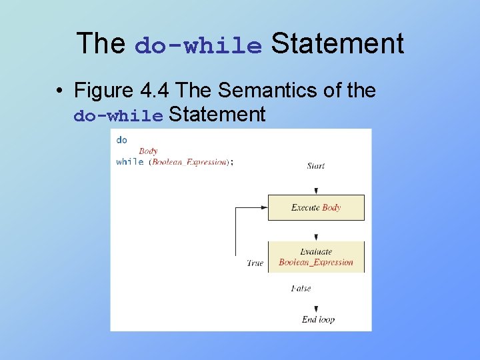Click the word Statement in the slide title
[337, 44]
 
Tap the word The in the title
[101, 44]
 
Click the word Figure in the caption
[103, 90]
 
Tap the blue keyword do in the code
[121, 140]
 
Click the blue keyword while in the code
[130, 162]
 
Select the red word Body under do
[148, 151]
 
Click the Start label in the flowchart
[316, 165]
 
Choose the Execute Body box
[316, 207]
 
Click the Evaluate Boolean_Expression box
[316, 257]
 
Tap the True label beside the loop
[255, 263]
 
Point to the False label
[301, 289]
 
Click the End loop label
[318, 320]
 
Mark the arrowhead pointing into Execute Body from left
[264, 207]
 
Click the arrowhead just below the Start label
[316, 191]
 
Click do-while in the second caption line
[118, 116]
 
